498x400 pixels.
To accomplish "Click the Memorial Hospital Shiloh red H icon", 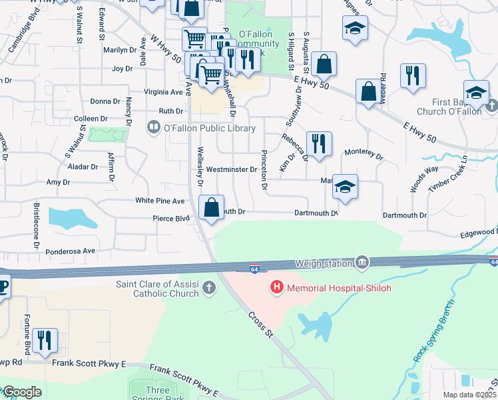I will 276,288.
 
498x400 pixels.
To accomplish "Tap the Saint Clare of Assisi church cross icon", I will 209,288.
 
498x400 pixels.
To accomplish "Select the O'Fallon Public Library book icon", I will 154,127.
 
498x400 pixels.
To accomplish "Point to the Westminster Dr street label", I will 231,169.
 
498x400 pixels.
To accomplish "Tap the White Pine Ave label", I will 160,201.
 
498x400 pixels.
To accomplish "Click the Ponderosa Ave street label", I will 71,251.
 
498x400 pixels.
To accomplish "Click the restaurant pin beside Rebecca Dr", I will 319,144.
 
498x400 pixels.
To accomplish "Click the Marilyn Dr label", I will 120,50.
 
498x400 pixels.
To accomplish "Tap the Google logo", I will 21,392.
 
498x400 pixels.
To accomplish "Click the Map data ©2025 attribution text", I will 469,395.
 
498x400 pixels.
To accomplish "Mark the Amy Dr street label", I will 58,182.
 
